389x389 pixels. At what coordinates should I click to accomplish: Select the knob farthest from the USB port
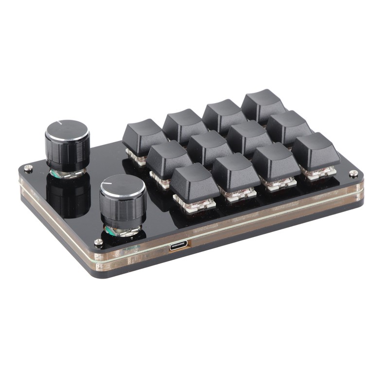point(67,143)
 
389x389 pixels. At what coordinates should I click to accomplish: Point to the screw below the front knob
point(99,242)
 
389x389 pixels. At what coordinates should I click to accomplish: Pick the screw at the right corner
point(354,173)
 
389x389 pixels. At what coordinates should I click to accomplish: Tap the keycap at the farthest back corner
point(263,104)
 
